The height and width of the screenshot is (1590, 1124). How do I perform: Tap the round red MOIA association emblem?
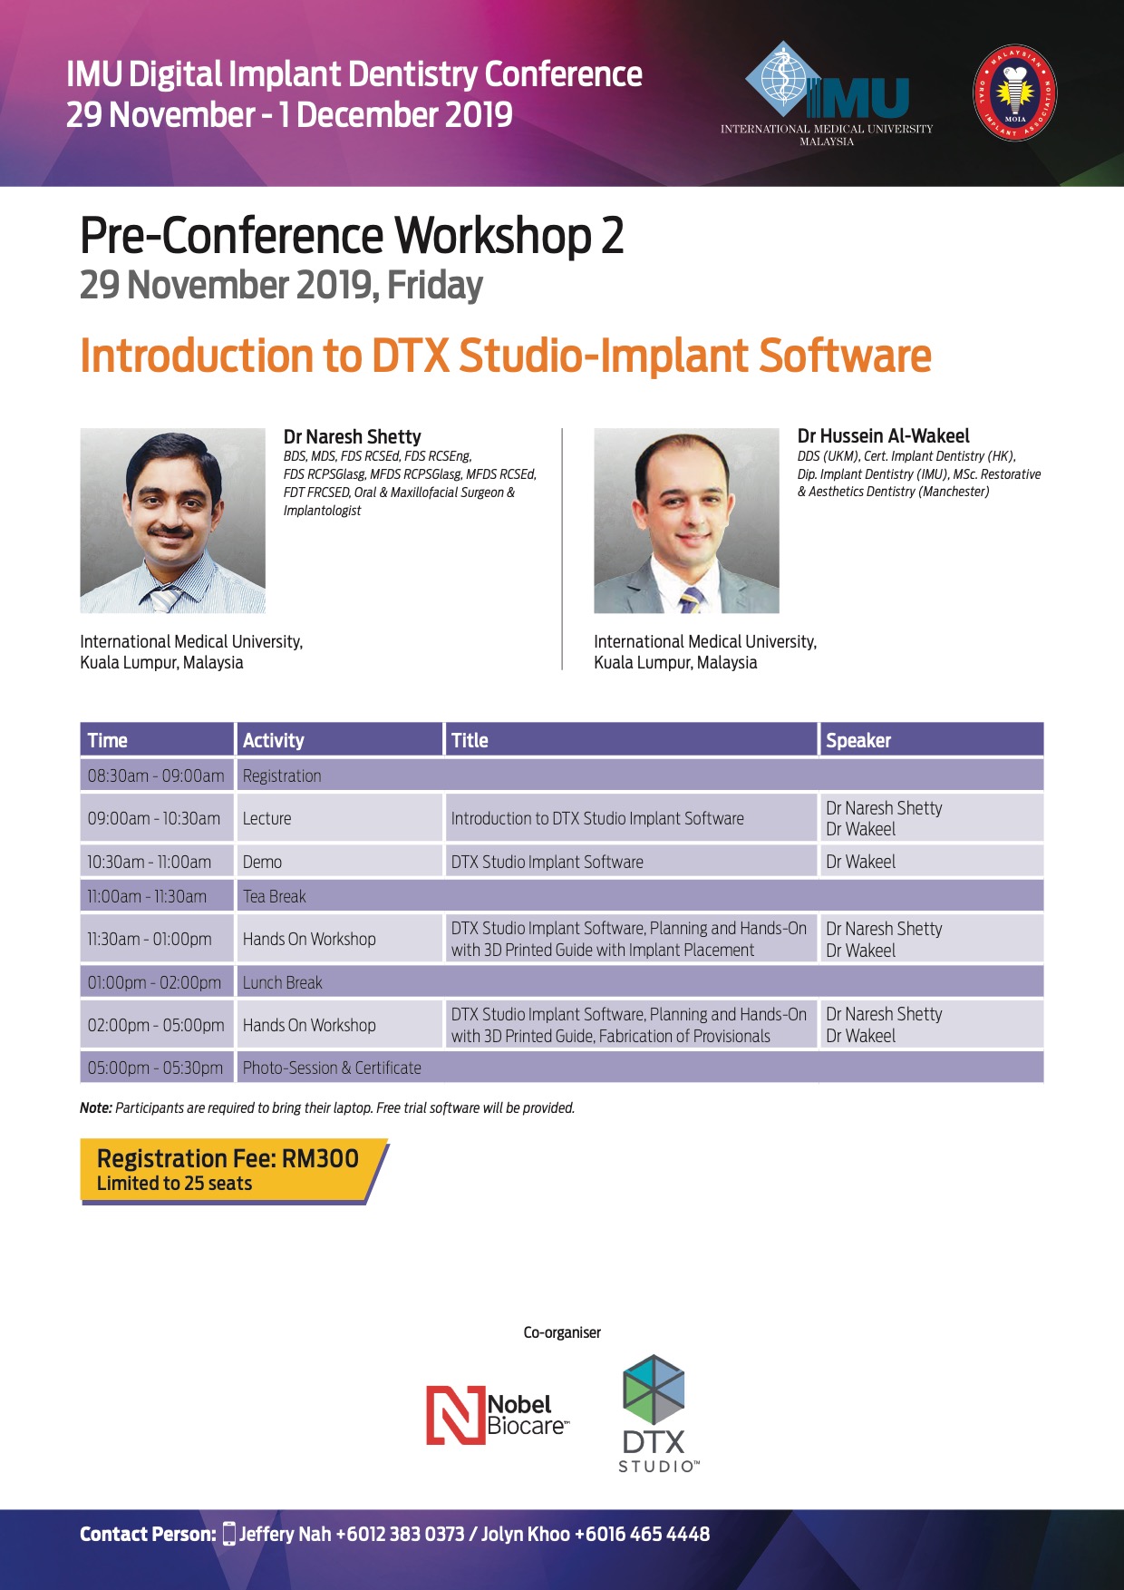coord(1014,93)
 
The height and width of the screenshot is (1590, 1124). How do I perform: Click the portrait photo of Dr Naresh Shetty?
coord(172,521)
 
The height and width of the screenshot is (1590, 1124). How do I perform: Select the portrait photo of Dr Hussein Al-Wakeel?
coord(686,521)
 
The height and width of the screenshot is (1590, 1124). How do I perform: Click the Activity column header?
coord(339,740)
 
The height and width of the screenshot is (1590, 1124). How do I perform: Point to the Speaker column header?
coord(931,740)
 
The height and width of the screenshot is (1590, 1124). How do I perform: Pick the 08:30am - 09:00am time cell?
coord(156,775)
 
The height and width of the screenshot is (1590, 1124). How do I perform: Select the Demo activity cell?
coord(339,862)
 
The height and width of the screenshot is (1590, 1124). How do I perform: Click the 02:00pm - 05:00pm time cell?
coord(156,1025)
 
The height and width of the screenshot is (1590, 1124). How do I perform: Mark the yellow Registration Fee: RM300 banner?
coord(233,1170)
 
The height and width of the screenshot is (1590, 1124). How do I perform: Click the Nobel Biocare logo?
coord(497,1416)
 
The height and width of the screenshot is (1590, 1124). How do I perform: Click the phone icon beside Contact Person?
coord(229,1534)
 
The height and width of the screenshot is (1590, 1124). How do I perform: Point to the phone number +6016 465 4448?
coord(642,1534)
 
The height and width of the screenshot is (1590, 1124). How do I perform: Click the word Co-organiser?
coord(562,1332)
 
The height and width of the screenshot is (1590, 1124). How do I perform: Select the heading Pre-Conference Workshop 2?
coord(352,236)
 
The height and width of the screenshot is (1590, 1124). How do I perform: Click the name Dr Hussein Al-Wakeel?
coord(884,436)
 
